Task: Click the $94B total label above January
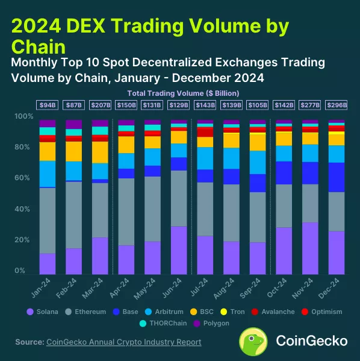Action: (x=48, y=105)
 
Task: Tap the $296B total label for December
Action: (x=336, y=105)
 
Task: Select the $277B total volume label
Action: (x=310, y=105)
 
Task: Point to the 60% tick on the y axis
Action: (x=21, y=178)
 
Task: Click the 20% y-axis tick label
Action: (x=21, y=240)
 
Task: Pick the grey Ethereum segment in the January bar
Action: (x=48, y=221)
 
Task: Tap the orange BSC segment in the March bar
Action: (x=100, y=152)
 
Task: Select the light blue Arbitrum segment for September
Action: (x=257, y=162)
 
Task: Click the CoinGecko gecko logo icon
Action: (x=253, y=341)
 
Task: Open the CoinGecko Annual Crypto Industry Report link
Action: (x=123, y=342)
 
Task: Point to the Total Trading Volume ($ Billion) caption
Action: (x=183, y=93)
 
